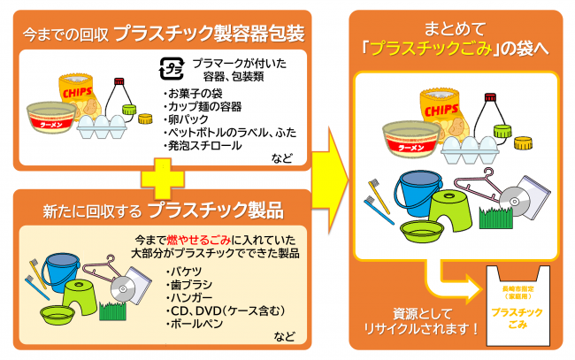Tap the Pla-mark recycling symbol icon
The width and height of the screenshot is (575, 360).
[170, 67]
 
